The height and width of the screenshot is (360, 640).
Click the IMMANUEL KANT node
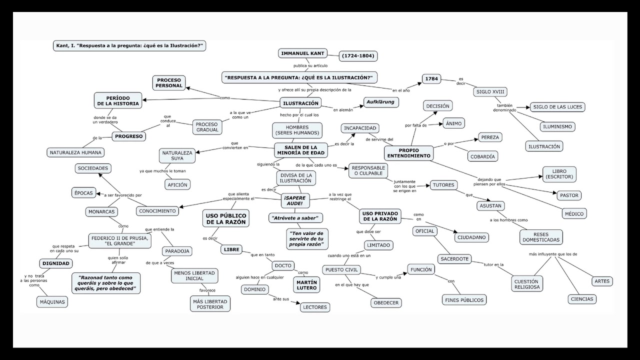(303, 53)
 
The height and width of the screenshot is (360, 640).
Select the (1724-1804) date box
(358, 56)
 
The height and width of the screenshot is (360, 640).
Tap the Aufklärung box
(381, 102)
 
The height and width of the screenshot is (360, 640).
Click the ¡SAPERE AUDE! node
(295, 200)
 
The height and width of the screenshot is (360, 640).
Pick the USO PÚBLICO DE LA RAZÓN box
(226, 218)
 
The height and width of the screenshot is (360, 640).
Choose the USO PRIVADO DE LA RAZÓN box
(380, 216)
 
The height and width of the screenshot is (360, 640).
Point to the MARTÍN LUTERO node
(306, 285)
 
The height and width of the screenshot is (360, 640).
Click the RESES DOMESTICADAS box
(541, 237)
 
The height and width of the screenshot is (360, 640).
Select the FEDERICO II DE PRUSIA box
(119, 241)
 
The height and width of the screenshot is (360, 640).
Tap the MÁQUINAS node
(52, 302)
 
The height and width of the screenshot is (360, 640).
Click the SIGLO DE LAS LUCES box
(557, 107)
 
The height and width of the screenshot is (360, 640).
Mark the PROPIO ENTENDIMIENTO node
(408, 153)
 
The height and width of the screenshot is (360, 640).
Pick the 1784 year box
(431, 79)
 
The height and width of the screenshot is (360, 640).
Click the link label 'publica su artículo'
(310, 65)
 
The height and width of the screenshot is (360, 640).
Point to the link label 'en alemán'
(343, 109)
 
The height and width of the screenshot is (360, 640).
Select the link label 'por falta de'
(415, 125)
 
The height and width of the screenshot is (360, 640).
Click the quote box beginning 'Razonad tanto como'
(106, 283)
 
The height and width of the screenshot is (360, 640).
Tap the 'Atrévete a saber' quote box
(295, 218)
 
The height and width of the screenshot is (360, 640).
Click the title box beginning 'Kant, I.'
(129, 45)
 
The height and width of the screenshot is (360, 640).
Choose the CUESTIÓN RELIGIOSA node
(527, 284)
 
